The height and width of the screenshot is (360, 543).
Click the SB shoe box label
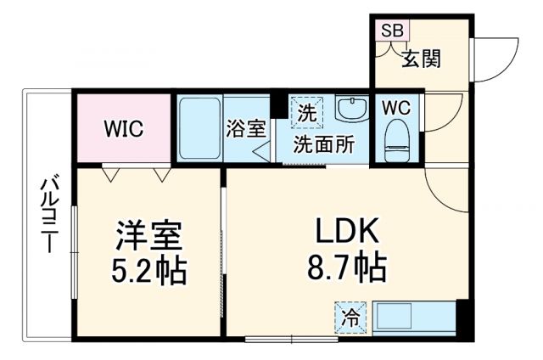click(x=392, y=30)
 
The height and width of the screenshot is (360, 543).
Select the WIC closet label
click(x=124, y=130)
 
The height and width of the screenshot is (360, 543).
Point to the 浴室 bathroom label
click(x=246, y=130)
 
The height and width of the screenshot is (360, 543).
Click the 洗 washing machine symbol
click(x=305, y=111)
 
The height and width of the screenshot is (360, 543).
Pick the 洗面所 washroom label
click(x=323, y=143)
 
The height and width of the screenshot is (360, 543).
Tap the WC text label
click(x=396, y=108)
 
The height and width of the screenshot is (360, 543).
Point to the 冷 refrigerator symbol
click(x=350, y=318)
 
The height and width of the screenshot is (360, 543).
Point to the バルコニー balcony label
click(x=48, y=212)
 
